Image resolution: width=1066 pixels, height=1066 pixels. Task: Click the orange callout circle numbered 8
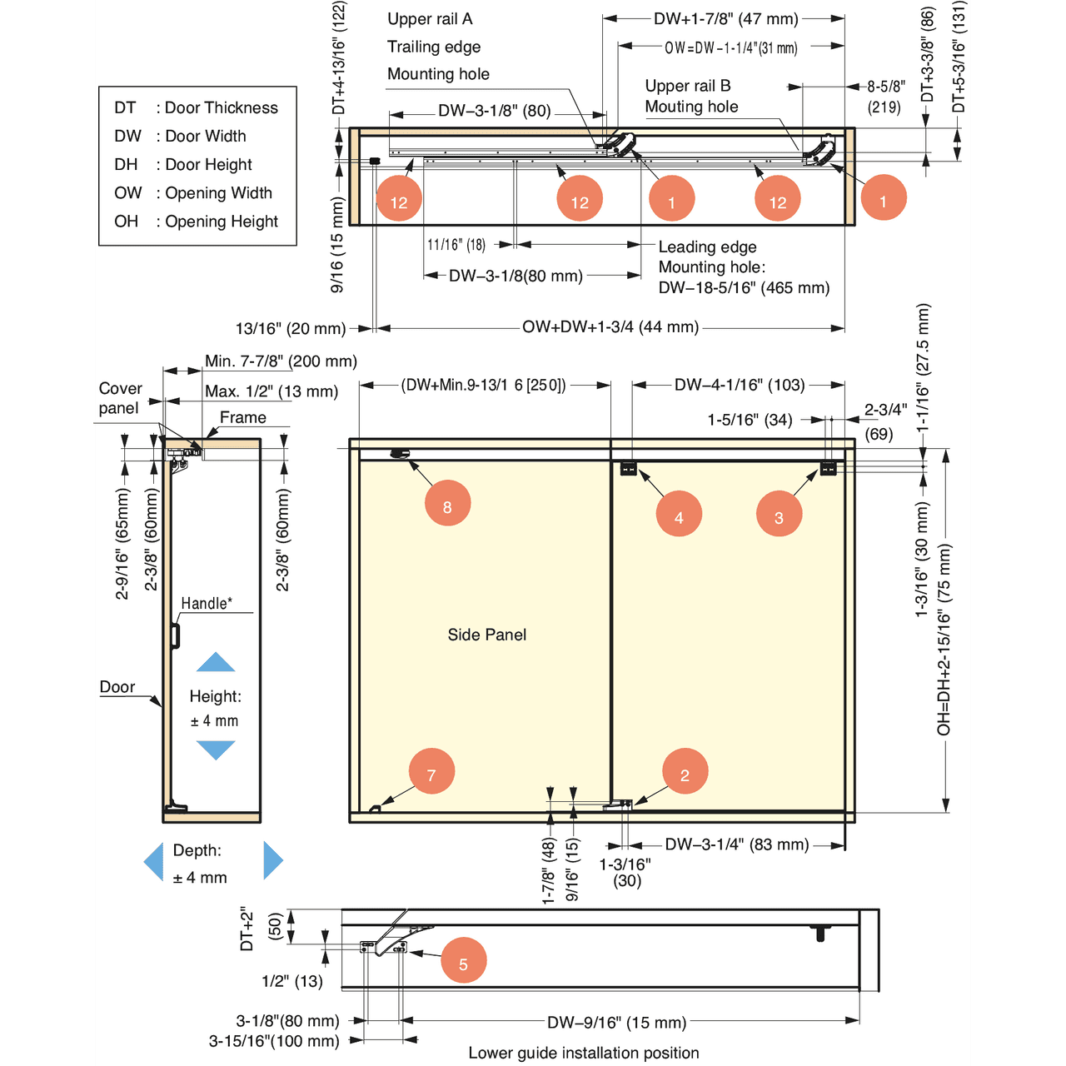point(447,504)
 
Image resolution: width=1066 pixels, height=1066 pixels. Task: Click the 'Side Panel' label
point(487,635)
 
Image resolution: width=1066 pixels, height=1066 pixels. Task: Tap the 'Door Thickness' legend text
point(221,107)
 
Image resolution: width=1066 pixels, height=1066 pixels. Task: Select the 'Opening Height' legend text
point(221,222)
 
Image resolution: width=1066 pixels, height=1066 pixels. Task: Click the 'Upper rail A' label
point(430,19)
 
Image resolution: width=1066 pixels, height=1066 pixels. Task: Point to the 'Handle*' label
point(207,603)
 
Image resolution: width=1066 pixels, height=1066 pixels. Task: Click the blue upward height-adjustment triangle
point(216,662)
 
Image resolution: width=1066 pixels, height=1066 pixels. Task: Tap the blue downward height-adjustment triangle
point(216,750)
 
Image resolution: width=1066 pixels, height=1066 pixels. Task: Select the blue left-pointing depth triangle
point(154,860)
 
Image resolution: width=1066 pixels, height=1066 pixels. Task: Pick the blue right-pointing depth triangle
point(273,860)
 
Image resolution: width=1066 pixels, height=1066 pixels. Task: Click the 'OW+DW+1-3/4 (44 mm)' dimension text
point(610,327)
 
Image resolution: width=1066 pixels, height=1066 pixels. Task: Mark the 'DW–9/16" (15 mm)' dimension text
point(617,1022)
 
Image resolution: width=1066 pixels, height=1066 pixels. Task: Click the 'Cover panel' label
point(120,398)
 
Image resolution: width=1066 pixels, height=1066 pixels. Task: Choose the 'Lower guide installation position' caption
point(584,1053)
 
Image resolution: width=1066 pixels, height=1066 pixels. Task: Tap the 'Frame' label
point(243,417)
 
